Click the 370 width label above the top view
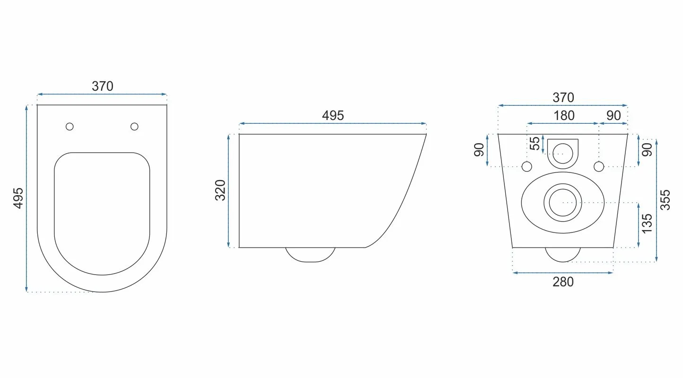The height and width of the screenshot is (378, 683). click(103, 86)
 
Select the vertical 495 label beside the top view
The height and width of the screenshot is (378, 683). click(18, 198)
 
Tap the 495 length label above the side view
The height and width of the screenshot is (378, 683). click(333, 115)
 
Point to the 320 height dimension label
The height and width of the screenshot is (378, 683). click(221, 190)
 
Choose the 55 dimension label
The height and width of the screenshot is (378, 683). click(535, 144)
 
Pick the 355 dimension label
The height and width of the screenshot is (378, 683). click(665, 200)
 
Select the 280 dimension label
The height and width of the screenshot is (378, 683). click(563, 282)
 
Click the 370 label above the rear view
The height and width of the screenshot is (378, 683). click(563, 97)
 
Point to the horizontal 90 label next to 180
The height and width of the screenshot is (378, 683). click(614, 115)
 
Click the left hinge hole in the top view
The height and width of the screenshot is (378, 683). click(70, 126)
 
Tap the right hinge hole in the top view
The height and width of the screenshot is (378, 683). click(134, 126)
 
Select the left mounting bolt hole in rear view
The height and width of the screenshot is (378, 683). click(527, 166)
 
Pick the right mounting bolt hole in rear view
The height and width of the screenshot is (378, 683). click(599, 166)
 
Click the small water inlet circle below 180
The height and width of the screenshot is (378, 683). click(562, 152)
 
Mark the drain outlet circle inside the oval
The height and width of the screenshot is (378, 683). click(562, 202)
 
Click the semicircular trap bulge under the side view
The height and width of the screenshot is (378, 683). click(311, 254)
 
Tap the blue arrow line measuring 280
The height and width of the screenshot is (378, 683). click(563, 273)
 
